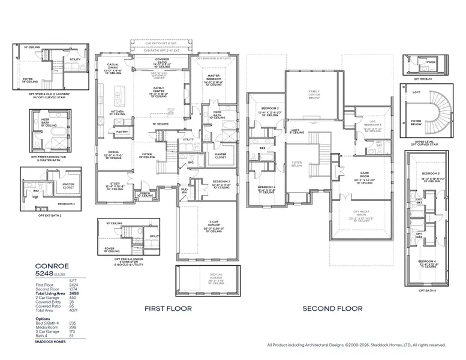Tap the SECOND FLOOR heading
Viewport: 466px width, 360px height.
(x=332, y=308)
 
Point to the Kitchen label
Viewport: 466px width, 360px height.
(x=116, y=112)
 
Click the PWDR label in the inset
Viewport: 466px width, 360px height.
(x=430, y=62)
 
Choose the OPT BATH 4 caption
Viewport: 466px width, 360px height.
(x=427, y=289)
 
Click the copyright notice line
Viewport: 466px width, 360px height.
(x=356, y=345)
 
